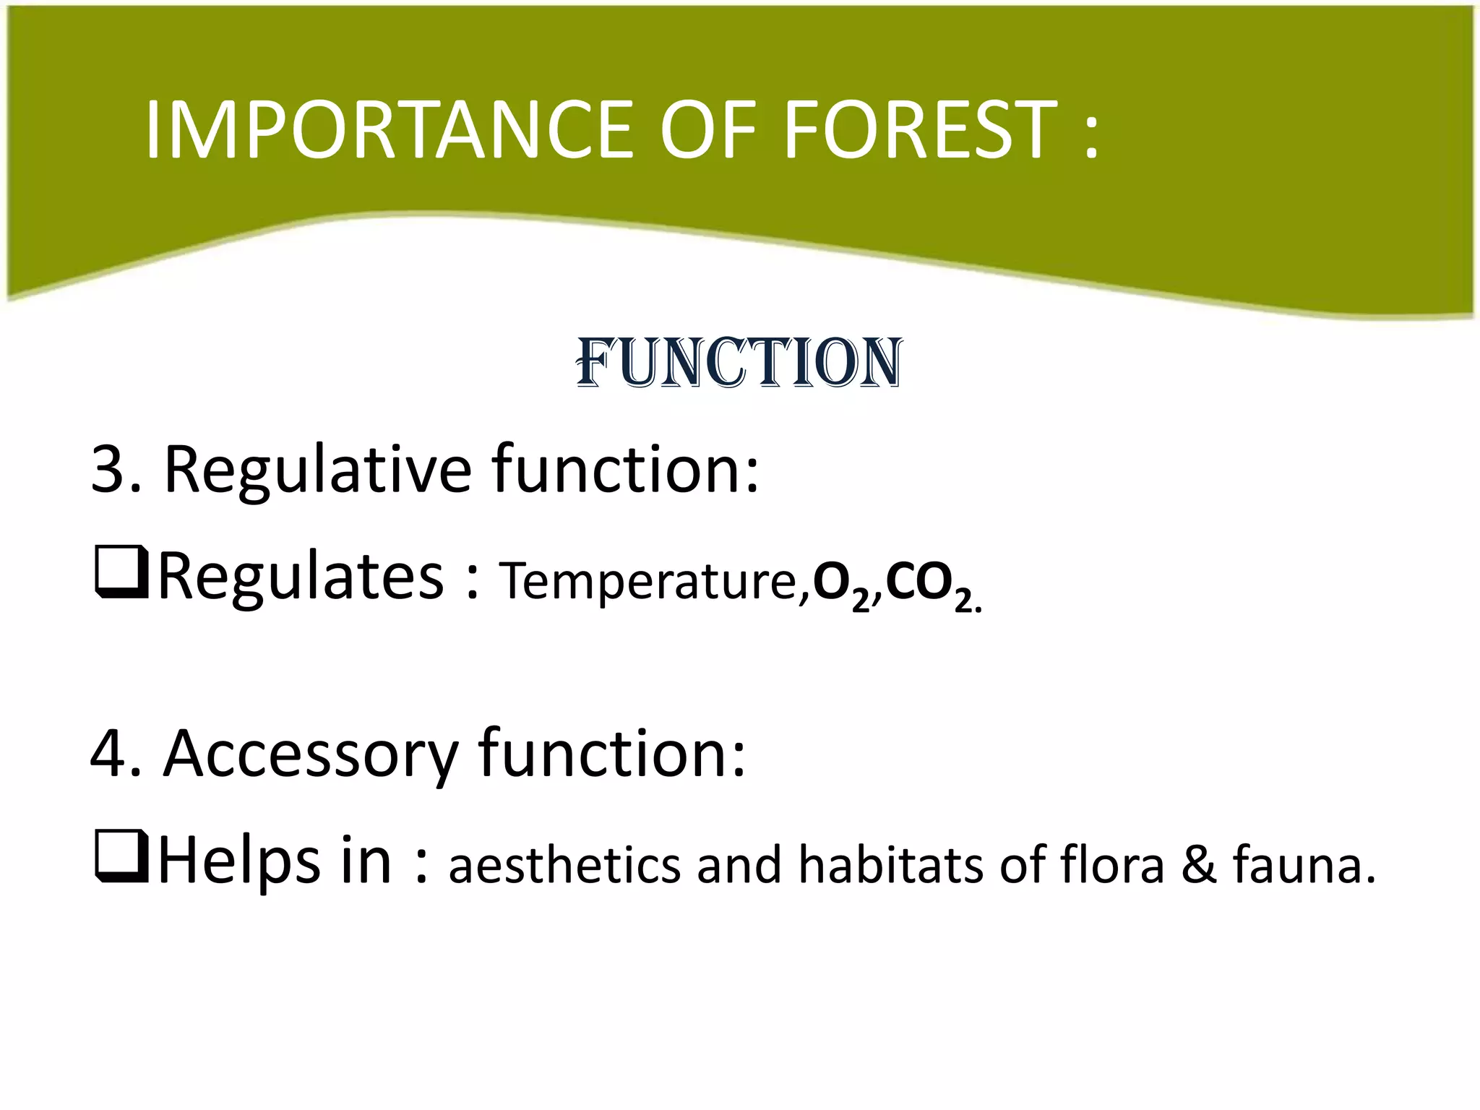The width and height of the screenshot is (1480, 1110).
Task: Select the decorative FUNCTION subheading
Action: tap(739, 363)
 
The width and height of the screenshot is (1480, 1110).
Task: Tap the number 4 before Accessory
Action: tap(108, 754)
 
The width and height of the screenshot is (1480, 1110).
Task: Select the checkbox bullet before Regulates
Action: tap(121, 574)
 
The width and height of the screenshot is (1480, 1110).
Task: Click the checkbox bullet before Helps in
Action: tap(121, 858)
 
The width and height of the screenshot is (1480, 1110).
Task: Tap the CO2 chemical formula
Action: tap(928, 584)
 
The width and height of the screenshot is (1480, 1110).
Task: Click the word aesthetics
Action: tap(564, 866)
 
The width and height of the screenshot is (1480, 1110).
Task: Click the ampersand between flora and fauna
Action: tap(1198, 866)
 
